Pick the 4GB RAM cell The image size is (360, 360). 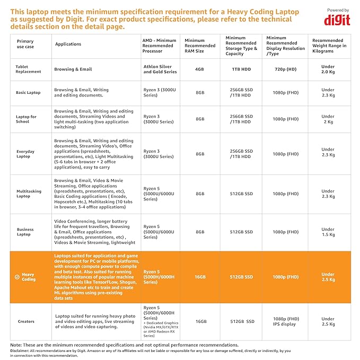click(199, 69)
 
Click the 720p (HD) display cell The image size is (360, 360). click(285, 69)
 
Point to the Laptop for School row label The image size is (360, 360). click(26, 119)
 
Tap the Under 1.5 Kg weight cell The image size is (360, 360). click(328, 232)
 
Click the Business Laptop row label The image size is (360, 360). click(25, 232)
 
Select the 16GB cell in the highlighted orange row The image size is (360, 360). click(199, 277)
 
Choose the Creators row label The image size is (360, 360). click(26, 321)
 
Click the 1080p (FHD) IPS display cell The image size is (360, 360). click(285, 321)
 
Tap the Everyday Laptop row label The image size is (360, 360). click(25, 154)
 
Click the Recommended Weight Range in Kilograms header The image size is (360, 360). click(329, 46)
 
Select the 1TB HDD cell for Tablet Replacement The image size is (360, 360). click(241, 69)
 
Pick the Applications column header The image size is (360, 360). click(68, 44)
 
